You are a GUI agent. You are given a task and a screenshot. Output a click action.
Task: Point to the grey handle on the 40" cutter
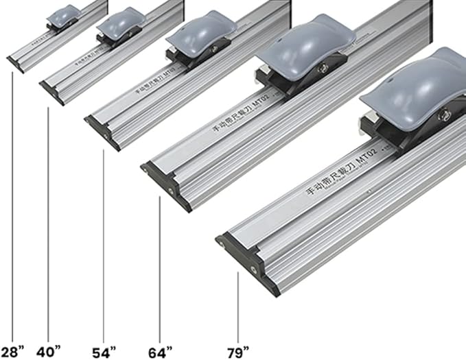pyautogui.click(x=121, y=23)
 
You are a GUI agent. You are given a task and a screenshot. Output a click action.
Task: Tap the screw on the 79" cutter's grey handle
pyautogui.click(x=443, y=105)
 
